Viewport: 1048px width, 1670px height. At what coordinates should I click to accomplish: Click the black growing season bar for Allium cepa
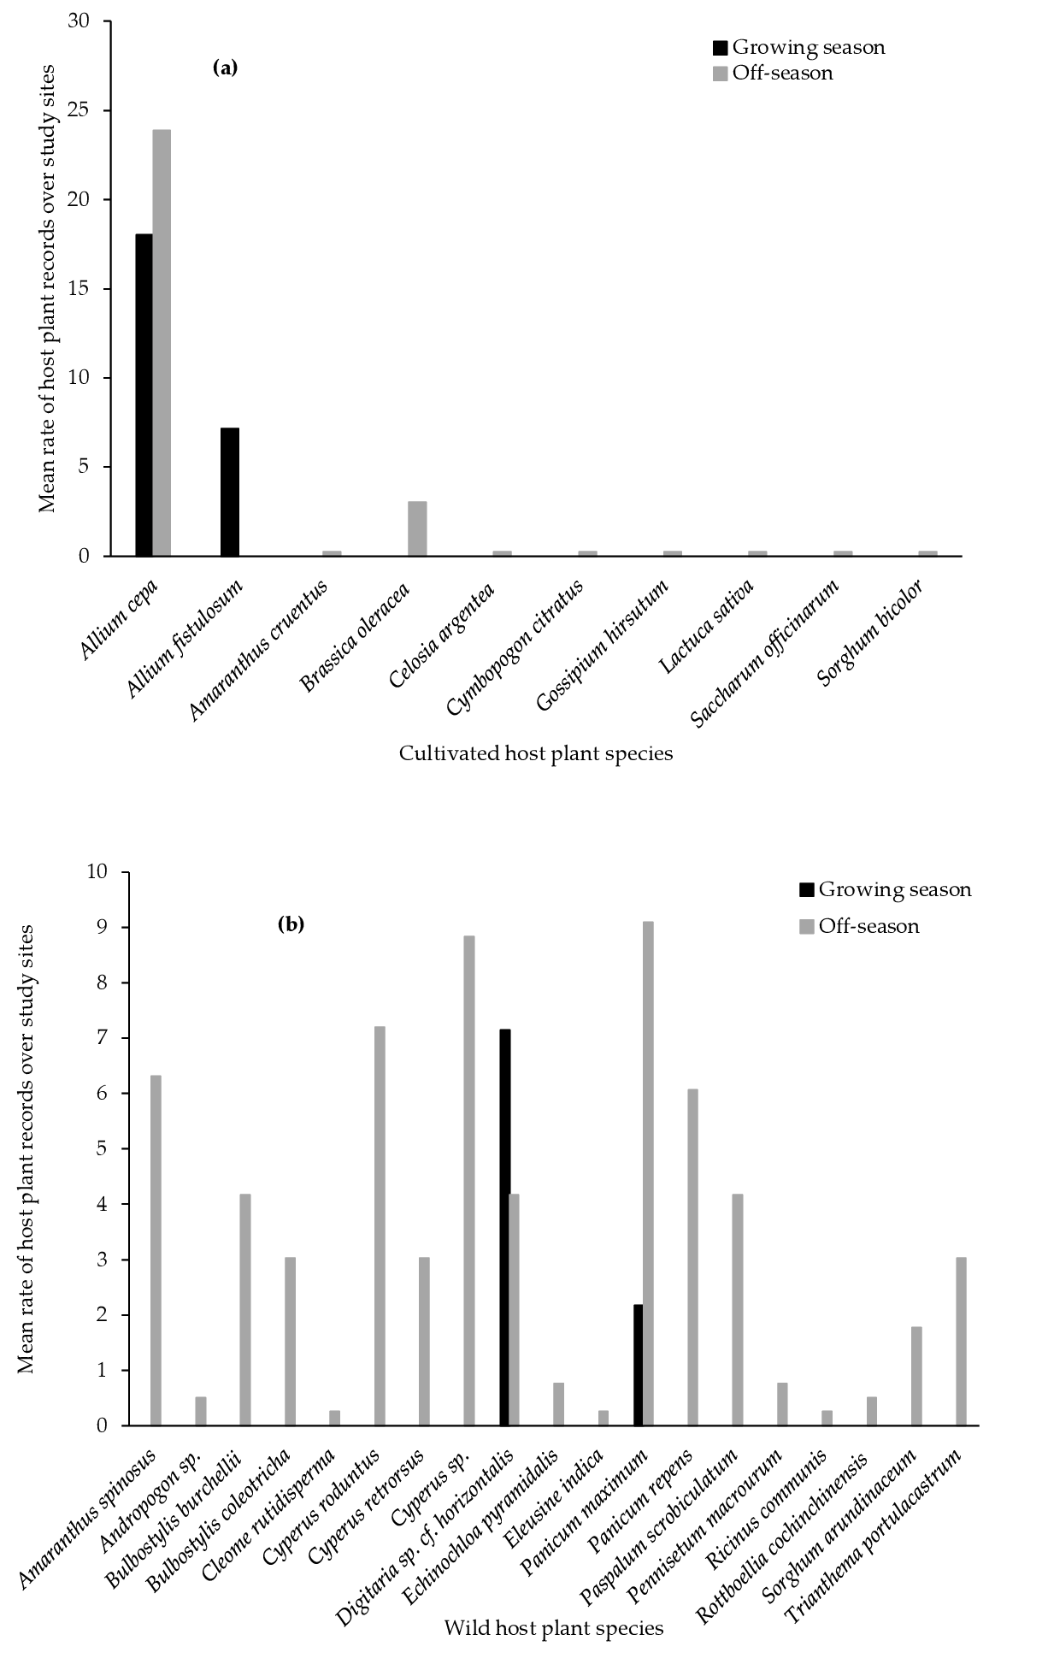144,395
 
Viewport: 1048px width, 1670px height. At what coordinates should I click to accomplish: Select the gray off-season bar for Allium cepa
162,343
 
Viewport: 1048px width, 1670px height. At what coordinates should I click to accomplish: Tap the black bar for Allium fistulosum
229,492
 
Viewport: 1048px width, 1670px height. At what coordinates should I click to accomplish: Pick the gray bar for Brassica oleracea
417,528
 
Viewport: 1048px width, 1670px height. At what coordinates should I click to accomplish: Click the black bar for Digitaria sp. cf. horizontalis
504,1227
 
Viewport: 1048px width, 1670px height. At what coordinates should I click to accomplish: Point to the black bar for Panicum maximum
638,1365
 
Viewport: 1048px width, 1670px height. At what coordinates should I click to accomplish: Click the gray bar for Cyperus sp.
469,1180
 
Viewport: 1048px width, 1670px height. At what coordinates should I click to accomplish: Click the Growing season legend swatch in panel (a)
720,48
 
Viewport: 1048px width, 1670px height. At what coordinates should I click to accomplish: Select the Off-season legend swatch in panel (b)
806,926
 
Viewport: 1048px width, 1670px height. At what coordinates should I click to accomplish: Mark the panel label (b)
291,924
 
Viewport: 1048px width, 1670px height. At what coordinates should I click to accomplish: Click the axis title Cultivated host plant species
535,753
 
